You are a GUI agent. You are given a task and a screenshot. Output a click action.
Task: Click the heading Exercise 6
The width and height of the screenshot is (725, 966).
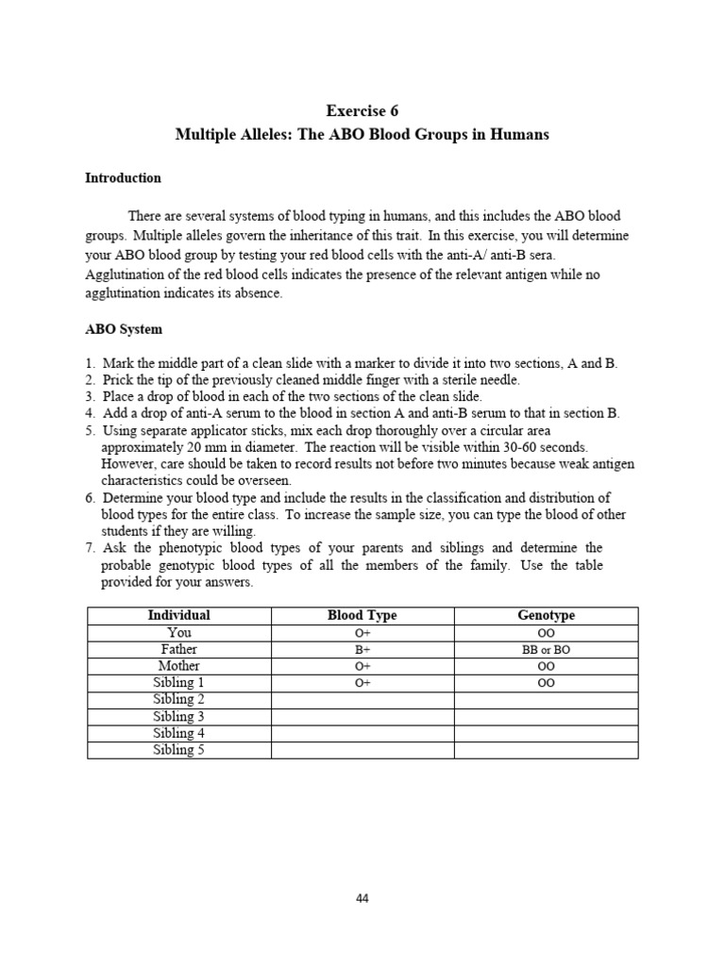point(362,110)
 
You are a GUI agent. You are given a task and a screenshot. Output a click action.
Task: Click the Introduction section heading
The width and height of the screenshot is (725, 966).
point(123,177)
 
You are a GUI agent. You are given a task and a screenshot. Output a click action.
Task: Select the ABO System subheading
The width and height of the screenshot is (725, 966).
point(124,329)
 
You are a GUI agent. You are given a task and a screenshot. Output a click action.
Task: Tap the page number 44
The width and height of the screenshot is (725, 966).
point(362,898)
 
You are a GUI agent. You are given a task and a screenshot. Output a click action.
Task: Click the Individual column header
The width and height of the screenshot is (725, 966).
point(178,615)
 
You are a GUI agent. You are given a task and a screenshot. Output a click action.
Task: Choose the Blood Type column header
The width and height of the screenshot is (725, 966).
point(362,615)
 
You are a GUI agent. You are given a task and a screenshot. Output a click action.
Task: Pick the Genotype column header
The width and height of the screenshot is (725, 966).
point(546,615)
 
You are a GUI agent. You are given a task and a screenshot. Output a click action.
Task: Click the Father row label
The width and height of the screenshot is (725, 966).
point(178,650)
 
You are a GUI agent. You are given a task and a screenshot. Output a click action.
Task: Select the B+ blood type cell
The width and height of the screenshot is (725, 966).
point(362,650)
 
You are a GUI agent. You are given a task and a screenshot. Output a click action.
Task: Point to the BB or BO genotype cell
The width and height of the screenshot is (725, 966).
point(546,650)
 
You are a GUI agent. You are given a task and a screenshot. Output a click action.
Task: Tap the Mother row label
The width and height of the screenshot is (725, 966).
point(178,666)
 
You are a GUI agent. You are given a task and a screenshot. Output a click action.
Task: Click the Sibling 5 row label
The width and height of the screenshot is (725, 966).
point(178,750)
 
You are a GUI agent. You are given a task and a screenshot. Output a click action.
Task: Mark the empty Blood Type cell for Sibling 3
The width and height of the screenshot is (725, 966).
point(362,717)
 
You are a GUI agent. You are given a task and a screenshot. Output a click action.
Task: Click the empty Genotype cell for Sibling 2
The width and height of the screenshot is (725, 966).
point(546,700)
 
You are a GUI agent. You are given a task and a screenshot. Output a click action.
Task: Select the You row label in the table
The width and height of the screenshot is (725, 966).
point(178,633)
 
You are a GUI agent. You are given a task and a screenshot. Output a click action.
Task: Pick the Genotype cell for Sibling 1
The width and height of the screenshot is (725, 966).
point(546,683)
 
